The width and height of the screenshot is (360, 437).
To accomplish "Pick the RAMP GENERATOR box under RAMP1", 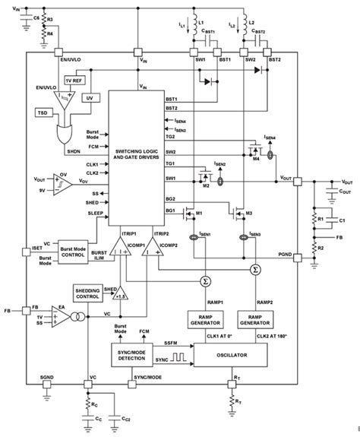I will (x=203, y=320).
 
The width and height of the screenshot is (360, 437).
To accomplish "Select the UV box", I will (x=89, y=99).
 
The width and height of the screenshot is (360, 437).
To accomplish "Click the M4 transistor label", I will (x=257, y=159).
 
